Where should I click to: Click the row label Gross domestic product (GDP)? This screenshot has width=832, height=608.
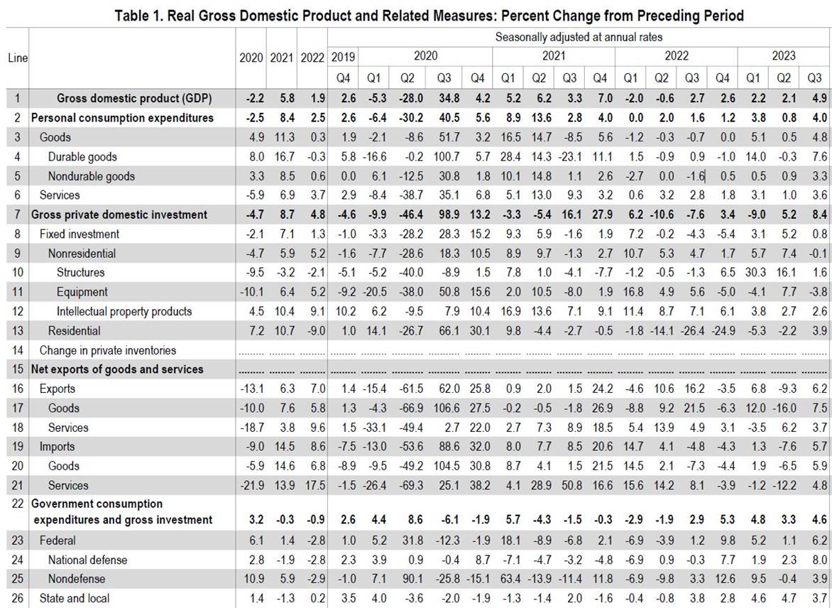tap(134, 98)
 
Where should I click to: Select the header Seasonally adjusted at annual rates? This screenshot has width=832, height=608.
tap(579, 37)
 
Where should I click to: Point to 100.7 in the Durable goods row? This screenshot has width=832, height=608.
tap(444, 157)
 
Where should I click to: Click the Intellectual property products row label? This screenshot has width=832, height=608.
tap(124, 312)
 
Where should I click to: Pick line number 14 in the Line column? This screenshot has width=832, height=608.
tap(18, 350)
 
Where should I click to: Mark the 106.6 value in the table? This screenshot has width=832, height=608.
tap(444, 408)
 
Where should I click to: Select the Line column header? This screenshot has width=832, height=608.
tap(18, 58)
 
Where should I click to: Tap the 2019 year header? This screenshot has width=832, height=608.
tap(343, 56)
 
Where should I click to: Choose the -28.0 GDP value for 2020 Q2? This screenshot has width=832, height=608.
tap(407, 98)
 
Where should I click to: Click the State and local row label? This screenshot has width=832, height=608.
tap(75, 599)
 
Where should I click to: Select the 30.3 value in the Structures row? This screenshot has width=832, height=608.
tap(754, 273)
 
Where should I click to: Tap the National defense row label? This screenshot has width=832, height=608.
tap(87, 560)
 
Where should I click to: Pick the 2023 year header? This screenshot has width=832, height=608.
tap(784, 56)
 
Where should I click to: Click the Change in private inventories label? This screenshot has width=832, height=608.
tap(108, 350)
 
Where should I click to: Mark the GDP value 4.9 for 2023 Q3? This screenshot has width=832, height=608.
tap(820, 98)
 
